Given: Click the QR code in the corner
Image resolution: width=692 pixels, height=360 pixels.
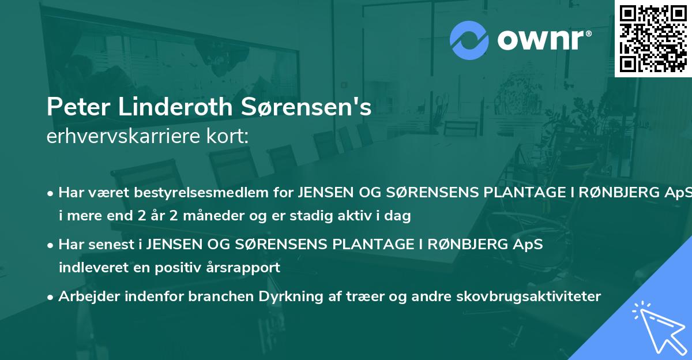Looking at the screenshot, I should tap(653, 39).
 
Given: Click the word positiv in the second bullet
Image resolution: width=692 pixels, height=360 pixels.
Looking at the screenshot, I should tap(189, 268).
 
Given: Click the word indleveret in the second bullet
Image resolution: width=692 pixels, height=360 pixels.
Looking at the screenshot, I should tap(90, 268).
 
